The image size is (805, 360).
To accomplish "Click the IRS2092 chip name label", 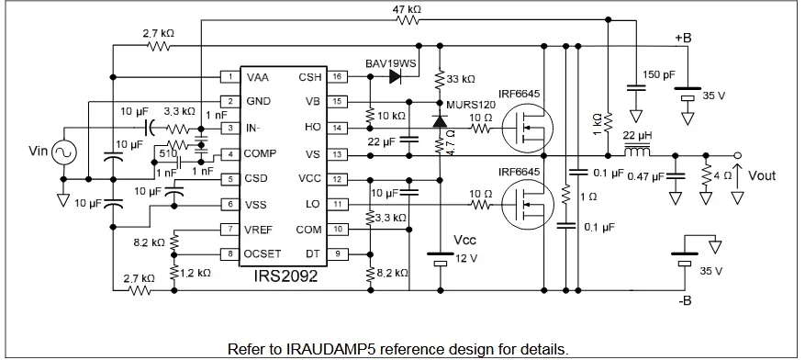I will (281, 275).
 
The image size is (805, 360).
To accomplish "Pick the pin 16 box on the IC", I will (338, 77).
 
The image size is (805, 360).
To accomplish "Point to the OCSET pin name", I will (263, 253).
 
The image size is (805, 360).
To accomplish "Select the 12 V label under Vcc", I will (467, 258).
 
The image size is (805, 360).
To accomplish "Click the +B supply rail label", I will (684, 37).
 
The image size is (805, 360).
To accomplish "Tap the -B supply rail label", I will (684, 302).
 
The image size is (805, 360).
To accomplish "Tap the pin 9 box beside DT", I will (338, 253).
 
